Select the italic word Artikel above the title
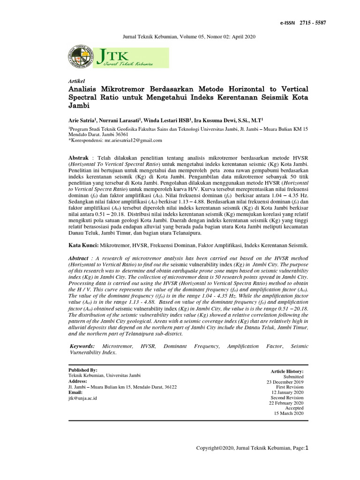tap(76, 81)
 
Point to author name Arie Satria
tap(82, 120)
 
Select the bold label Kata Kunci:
tap(83, 245)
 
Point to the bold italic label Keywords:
tap(84, 346)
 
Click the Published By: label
tap(83, 370)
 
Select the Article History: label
tap(287, 371)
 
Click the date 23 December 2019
tap(285, 382)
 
